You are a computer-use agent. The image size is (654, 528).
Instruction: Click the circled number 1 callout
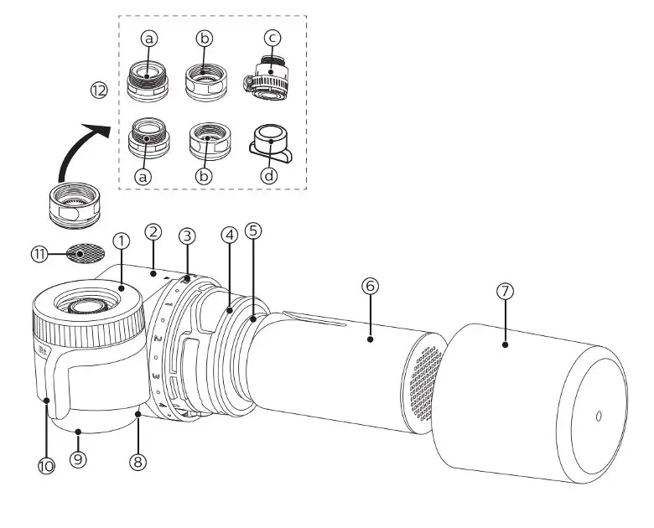pos(122,240)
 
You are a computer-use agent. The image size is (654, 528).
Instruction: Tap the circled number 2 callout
pos(153,230)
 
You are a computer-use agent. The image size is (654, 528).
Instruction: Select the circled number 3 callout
pos(187,236)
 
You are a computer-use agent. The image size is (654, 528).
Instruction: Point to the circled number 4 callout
pos(228,236)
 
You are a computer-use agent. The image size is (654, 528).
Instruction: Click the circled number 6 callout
pos(370,286)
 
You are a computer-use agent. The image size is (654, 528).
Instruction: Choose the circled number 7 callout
pos(504,292)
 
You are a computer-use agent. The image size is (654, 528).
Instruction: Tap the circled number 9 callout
pos(78,460)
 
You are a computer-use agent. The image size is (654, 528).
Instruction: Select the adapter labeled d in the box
pos(269,144)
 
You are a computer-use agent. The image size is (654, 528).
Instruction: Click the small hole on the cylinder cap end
pos(598,415)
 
